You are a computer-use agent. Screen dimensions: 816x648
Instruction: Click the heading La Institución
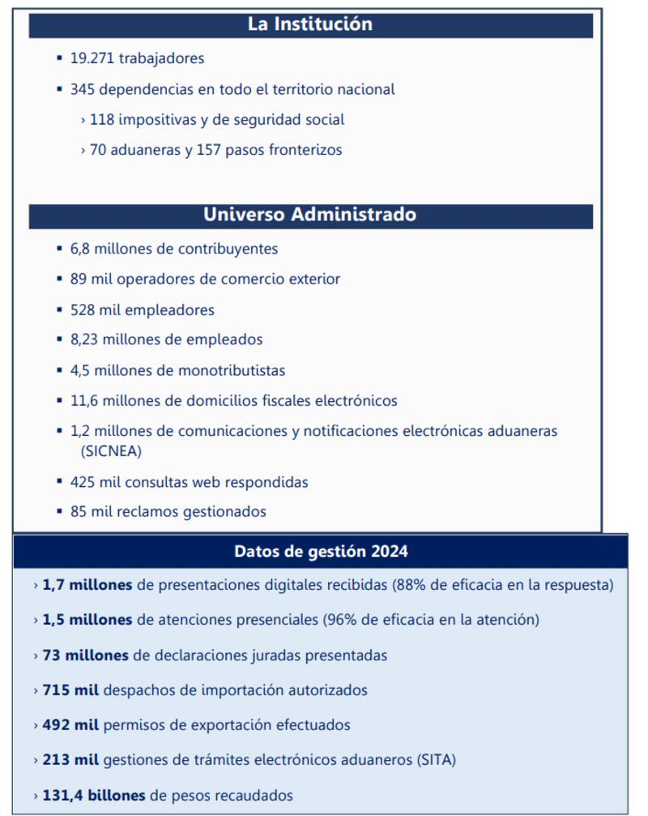pos(310,24)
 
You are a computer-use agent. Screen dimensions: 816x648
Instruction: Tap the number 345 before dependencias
pos(83,89)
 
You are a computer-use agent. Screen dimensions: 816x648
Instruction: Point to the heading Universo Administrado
pos(310,215)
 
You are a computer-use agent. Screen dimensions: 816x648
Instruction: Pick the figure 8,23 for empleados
pos(86,340)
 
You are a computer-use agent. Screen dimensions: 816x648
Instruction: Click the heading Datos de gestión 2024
pos(321,552)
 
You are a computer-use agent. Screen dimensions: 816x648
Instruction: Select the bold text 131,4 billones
pos(94,795)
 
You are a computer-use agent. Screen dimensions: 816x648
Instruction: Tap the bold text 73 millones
pos(85,655)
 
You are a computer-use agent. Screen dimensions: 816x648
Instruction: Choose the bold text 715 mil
pos(70,690)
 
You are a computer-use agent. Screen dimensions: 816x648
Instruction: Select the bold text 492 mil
pos(70,725)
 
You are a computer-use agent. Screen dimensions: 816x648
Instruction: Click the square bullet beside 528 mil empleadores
pos(60,310)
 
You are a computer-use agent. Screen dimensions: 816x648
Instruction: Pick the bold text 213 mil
pos(70,760)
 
